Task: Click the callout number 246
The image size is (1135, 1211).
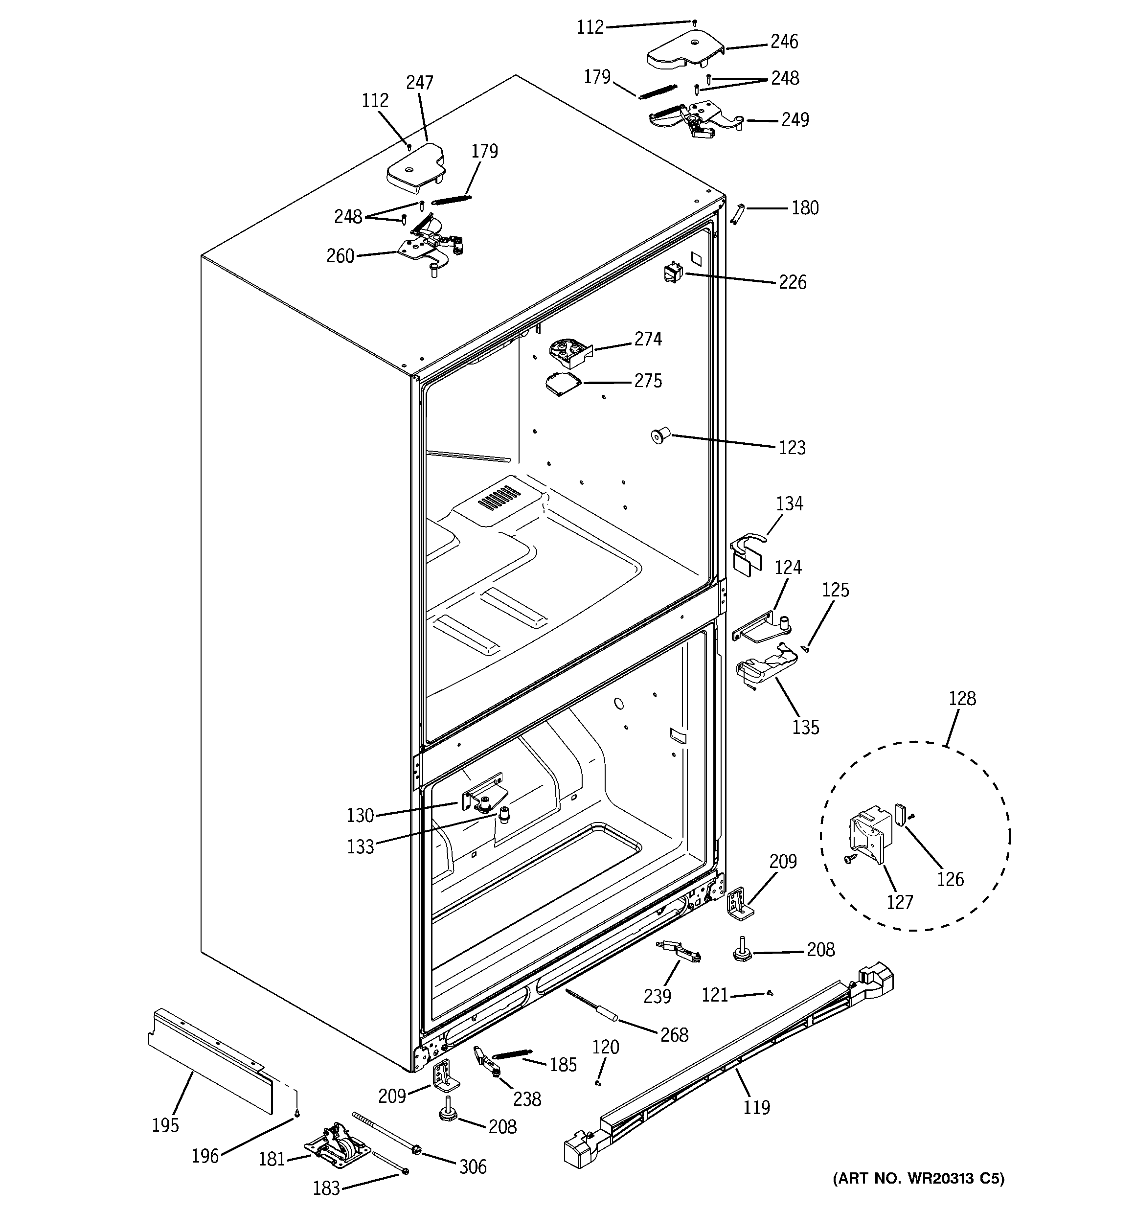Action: [x=784, y=42]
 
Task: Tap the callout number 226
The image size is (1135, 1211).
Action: [x=792, y=283]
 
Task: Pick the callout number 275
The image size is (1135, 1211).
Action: [x=648, y=381]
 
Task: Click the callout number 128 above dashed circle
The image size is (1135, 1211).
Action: [x=962, y=698]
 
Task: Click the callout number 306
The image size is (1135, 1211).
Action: [x=473, y=1167]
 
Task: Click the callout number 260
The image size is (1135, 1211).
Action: [x=340, y=256]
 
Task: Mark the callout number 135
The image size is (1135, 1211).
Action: [x=805, y=727]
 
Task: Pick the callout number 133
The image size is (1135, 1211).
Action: [x=360, y=847]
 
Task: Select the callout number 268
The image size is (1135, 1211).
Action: [x=674, y=1034]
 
